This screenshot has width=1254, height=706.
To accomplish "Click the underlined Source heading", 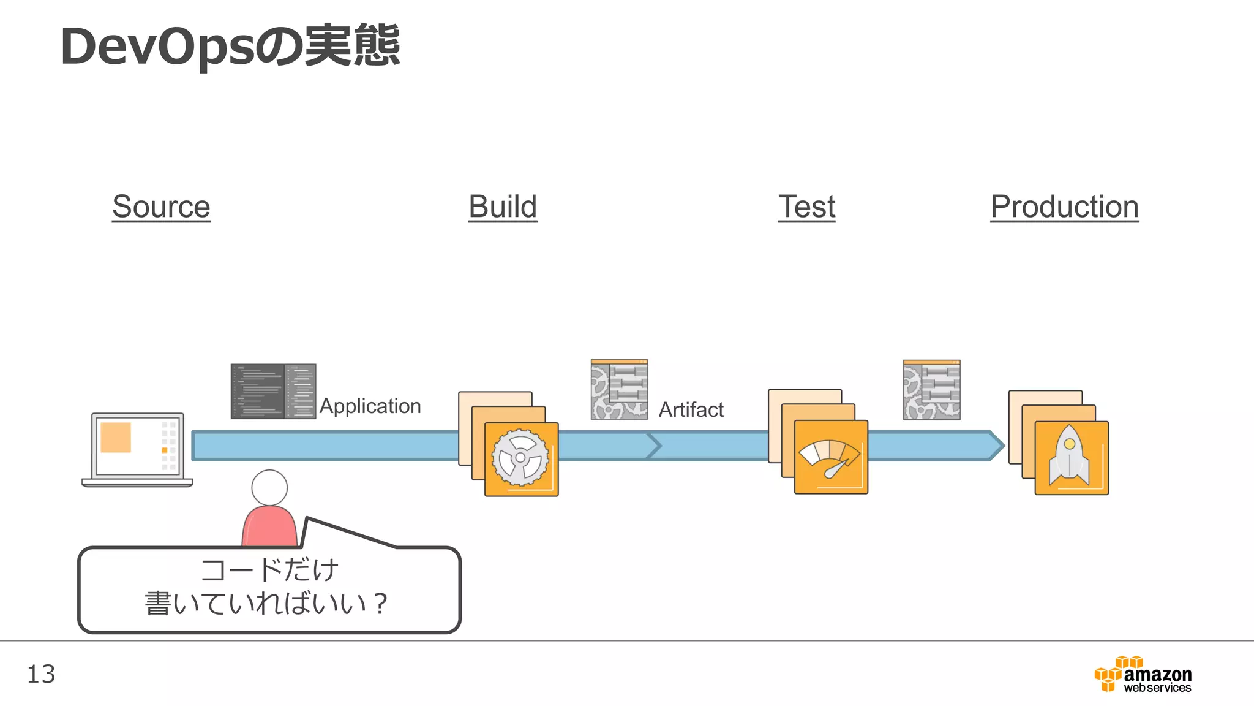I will click(x=161, y=207).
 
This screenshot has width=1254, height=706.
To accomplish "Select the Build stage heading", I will click(x=502, y=207).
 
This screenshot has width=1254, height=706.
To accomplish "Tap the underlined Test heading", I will click(x=806, y=207).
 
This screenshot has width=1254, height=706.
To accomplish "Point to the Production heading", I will click(x=1064, y=207).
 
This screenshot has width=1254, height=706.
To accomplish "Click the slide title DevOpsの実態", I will click(x=230, y=47).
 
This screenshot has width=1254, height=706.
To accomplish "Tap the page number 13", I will click(x=41, y=674).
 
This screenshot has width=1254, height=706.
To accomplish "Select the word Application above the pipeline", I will click(x=370, y=406).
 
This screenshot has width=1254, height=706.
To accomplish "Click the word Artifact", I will click(x=691, y=409).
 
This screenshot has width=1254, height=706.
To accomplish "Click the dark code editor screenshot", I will click(x=273, y=391).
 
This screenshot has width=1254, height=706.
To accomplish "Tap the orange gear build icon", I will click(x=521, y=458).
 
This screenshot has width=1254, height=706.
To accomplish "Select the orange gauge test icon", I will click(x=830, y=457).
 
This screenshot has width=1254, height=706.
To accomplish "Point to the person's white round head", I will click(x=269, y=488).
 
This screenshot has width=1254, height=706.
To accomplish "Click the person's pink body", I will click(x=269, y=526).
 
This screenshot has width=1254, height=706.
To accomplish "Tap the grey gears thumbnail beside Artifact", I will click(x=619, y=390).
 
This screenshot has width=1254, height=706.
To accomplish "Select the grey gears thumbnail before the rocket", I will click(x=931, y=390).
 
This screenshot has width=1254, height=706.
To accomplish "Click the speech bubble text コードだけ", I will click(x=269, y=570).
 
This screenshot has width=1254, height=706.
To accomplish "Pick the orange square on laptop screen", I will click(x=116, y=437).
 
